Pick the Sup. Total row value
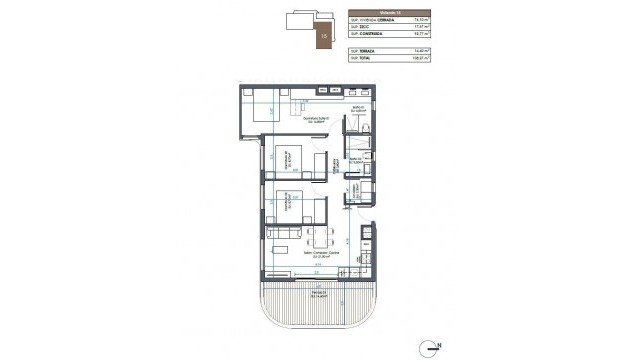click(x=423, y=58)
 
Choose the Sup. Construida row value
click(x=423, y=36)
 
